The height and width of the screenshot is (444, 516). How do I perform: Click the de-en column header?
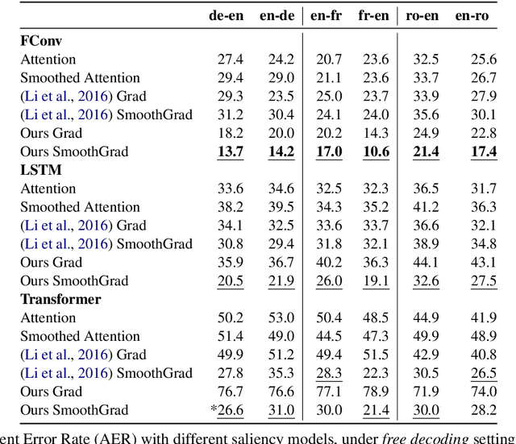pyautogui.click(x=228, y=15)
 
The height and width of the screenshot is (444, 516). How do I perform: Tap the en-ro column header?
pyautogui.click(x=482, y=15)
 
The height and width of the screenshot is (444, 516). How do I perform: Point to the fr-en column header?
pyautogui.click(x=372, y=15)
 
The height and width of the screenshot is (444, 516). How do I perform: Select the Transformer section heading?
pyautogui.click(x=60, y=300)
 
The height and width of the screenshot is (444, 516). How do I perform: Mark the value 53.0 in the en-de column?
pyautogui.click(x=281, y=318)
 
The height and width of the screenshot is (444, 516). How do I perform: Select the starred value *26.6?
pyautogui.click(x=228, y=410)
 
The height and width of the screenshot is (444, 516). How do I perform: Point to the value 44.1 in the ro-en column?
pyautogui.click(x=426, y=263)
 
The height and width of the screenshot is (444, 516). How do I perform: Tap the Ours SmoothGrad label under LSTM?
pyautogui.click(x=74, y=281)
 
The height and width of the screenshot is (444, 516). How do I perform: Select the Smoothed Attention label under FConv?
pyautogui.click(x=80, y=78)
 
